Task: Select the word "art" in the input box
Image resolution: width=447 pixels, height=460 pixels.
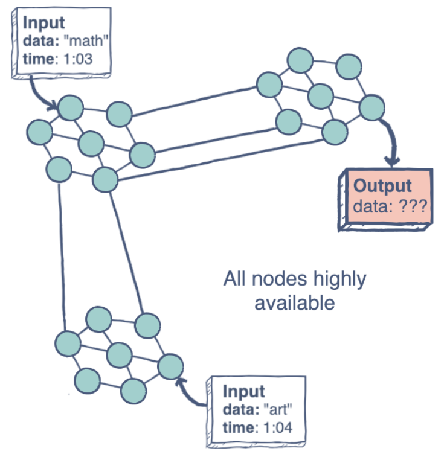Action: pyautogui.click(x=279, y=410)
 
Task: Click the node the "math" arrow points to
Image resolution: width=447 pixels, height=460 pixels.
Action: pyautogui.click(x=71, y=107)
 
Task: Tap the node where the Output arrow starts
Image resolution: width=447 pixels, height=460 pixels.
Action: pyautogui.click(x=371, y=108)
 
